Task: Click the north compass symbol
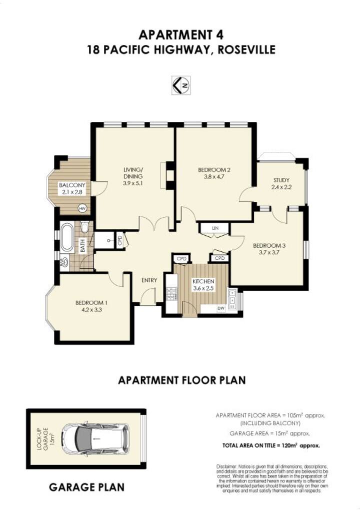click(x=180, y=85)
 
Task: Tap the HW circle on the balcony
click(x=82, y=208)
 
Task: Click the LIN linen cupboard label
click(x=215, y=228)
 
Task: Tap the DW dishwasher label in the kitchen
click(x=221, y=308)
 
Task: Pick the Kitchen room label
click(x=203, y=281)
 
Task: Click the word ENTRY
click(x=149, y=280)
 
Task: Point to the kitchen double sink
click(x=232, y=299)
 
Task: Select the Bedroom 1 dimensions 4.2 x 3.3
click(x=91, y=310)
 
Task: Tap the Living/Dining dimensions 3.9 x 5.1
click(x=133, y=183)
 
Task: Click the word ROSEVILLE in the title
click(x=246, y=50)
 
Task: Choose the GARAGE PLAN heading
click(x=86, y=487)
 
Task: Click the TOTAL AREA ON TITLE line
click(x=271, y=446)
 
